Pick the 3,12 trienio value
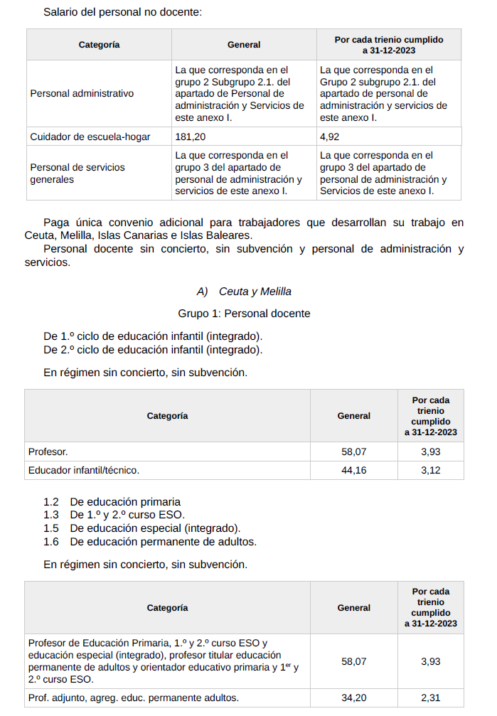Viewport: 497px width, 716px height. coord(430,470)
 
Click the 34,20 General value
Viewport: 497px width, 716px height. coord(353,698)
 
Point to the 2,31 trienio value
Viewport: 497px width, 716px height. coord(430,698)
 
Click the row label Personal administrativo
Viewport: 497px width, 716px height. coord(82,94)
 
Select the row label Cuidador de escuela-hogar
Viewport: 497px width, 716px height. coord(90,137)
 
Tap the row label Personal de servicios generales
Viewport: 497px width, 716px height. coord(78,173)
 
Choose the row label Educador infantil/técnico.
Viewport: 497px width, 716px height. coord(84,470)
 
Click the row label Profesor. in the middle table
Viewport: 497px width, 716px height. coord(48,451)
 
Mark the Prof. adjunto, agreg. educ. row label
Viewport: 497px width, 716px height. coord(134,698)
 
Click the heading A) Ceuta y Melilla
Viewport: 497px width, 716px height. coord(244,292)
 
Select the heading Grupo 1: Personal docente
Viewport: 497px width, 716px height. coord(244,314)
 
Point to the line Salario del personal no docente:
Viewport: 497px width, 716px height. coord(122,12)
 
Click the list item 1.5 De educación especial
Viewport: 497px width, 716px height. coord(141,528)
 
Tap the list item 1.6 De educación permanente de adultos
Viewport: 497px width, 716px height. coord(149,542)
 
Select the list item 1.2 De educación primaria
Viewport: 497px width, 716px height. coord(112,502)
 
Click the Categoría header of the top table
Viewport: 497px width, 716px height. coord(99,45)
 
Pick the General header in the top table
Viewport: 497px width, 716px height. coord(244,45)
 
